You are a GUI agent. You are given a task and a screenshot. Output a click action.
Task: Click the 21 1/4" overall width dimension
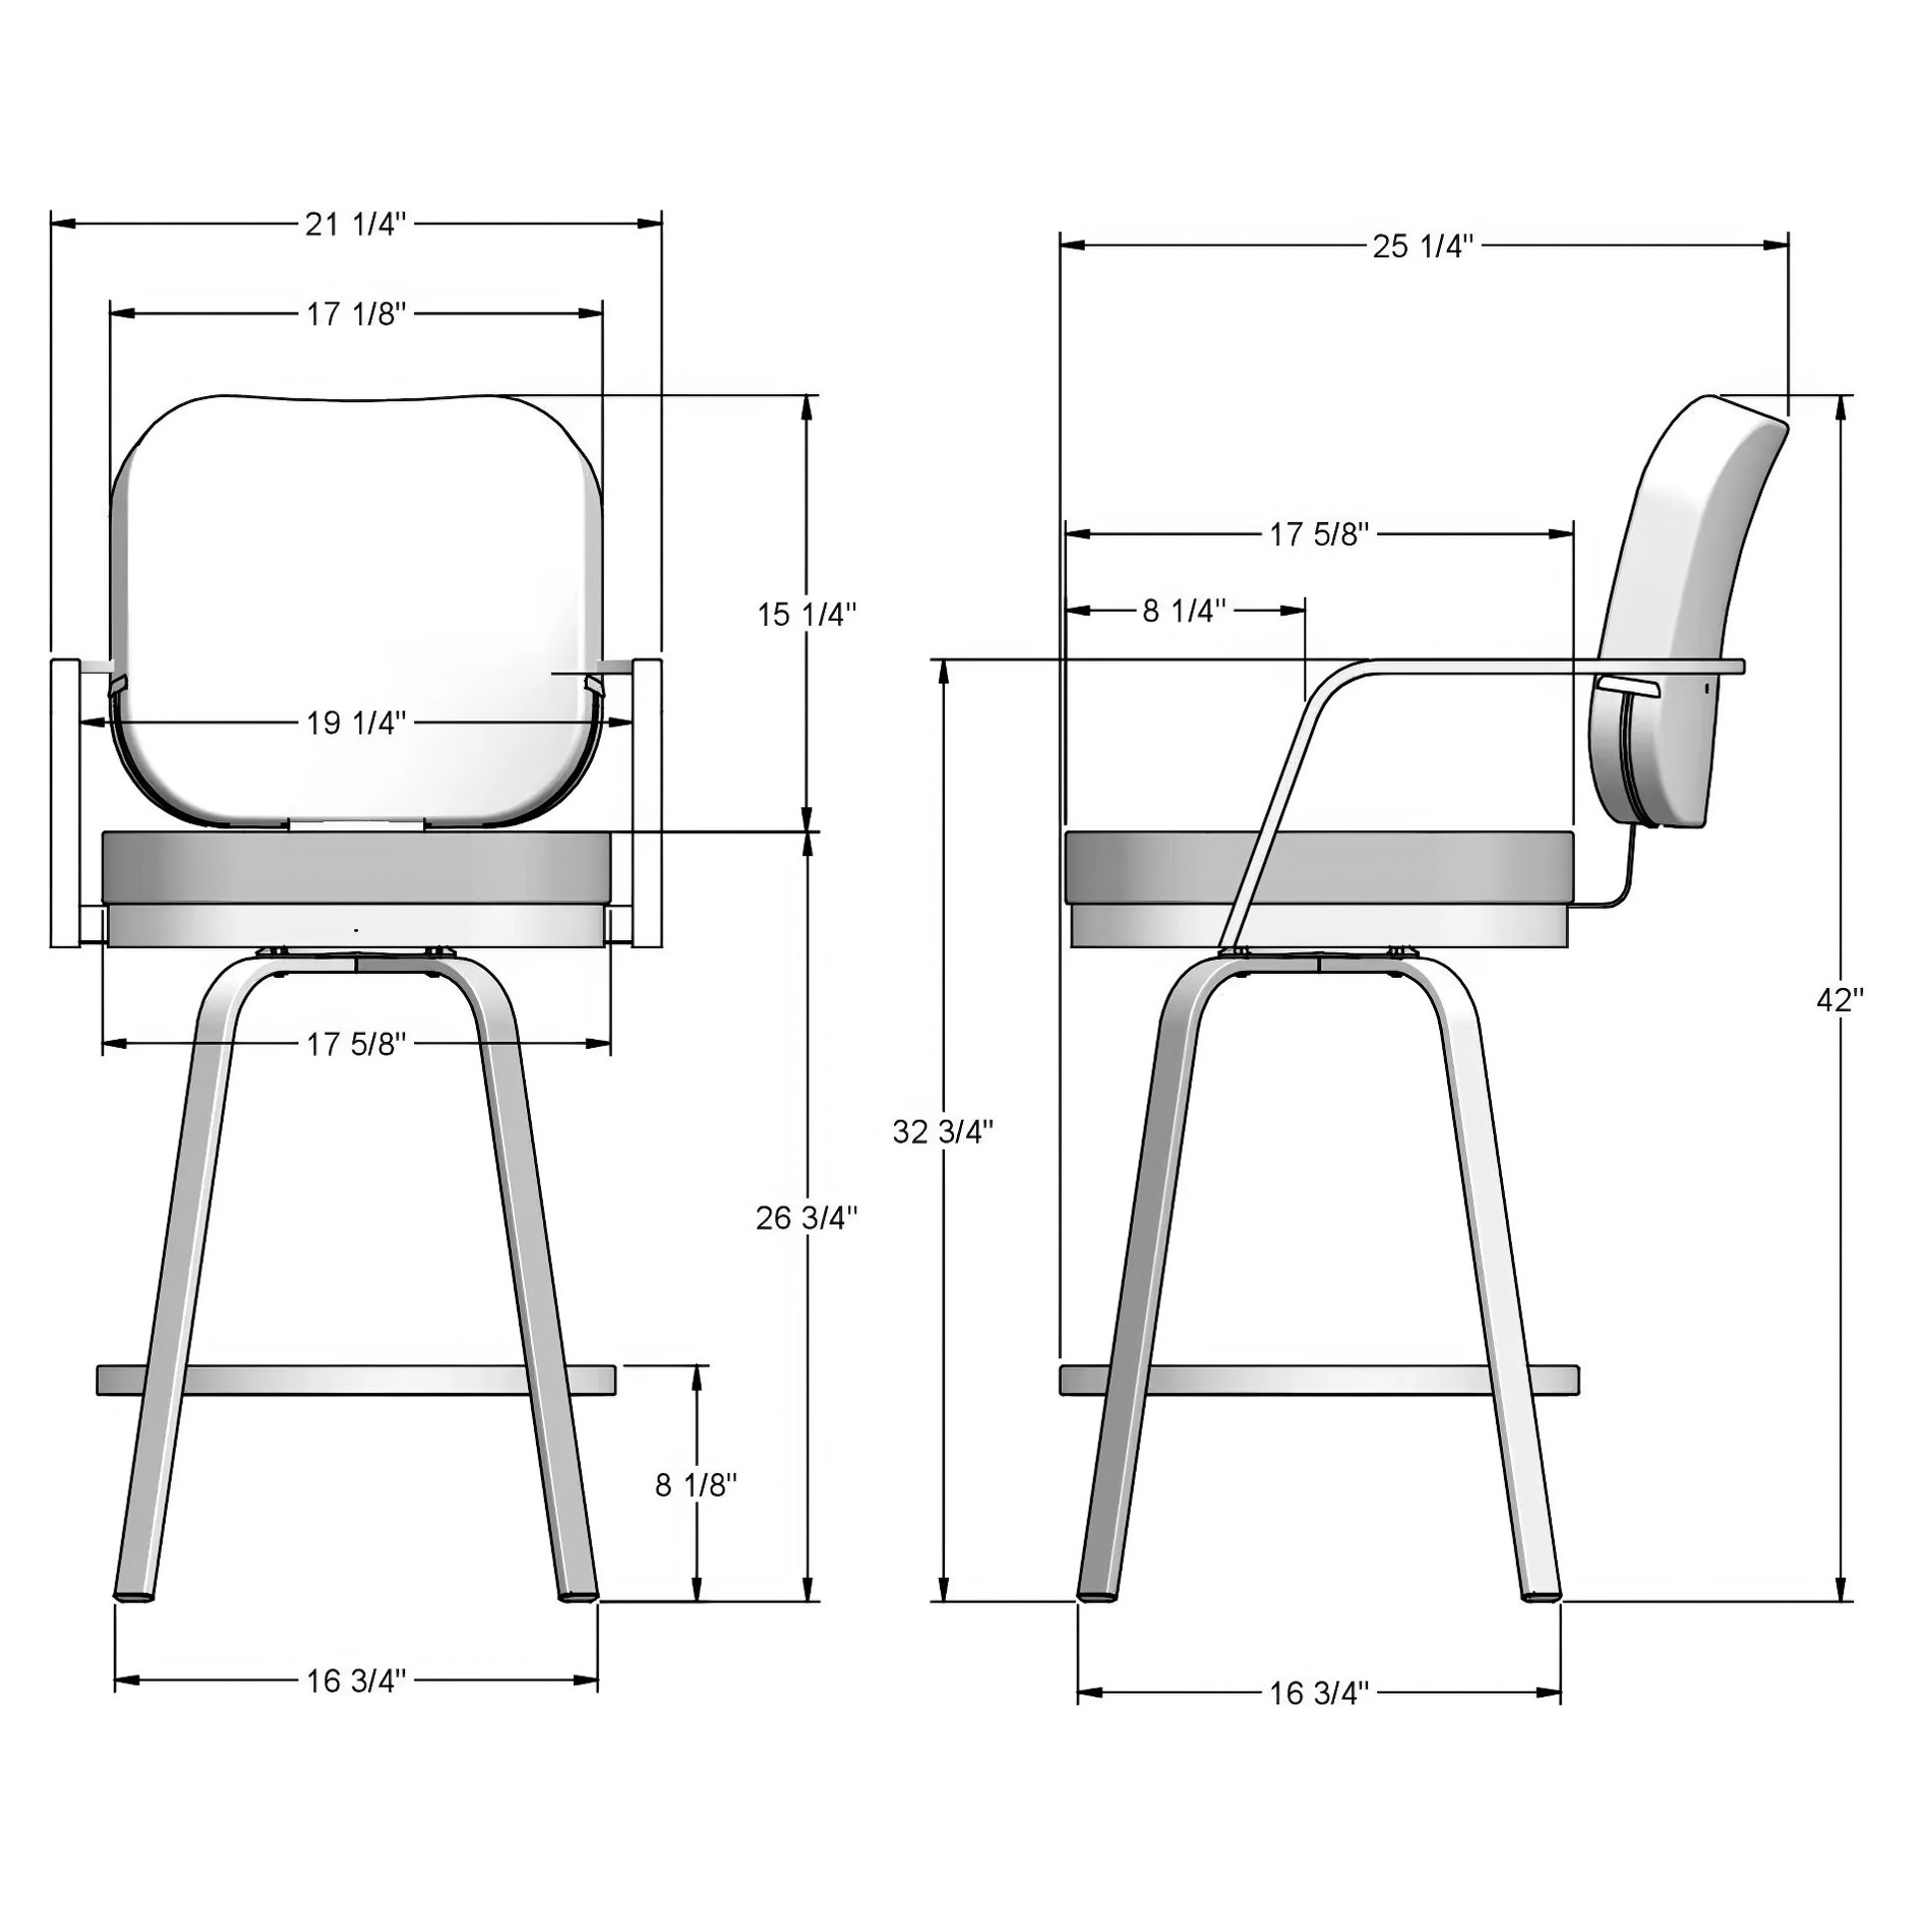tap(356, 224)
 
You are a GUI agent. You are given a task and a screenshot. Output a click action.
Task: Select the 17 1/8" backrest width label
tap(356, 313)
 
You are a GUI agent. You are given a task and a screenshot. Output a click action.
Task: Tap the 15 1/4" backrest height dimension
tap(806, 614)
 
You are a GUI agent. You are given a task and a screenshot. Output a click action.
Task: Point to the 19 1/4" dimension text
tap(356, 721)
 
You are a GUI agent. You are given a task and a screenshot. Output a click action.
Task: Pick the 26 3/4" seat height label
tap(806, 1217)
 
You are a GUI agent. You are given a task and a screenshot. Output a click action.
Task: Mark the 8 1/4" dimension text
tap(1185, 610)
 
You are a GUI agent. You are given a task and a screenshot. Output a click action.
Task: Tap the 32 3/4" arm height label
tap(943, 1131)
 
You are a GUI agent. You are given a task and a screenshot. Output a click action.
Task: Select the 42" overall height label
tap(1840, 999)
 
